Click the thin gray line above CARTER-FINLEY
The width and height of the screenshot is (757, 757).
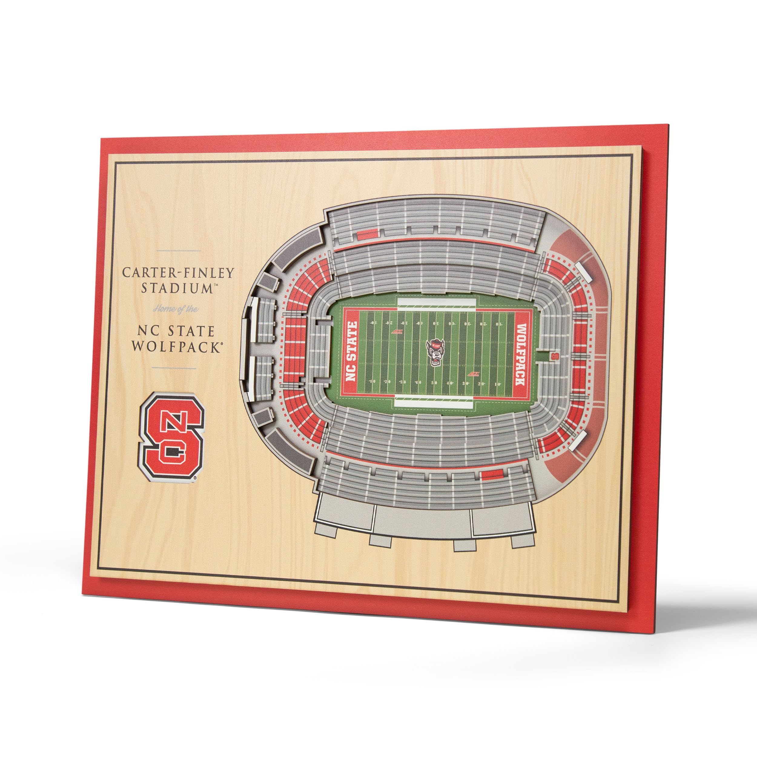click(178, 251)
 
